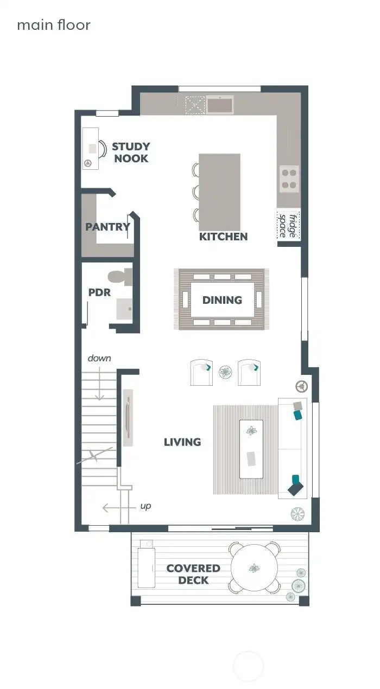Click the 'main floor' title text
point(53,25)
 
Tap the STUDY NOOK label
point(131,152)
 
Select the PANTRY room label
point(107,227)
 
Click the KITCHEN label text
point(223,237)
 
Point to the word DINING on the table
point(222,300)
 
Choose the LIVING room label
point(182,442)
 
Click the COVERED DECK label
point(193,574)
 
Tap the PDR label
point(99,292)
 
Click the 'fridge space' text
point(288,225)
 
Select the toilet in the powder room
point(120,277)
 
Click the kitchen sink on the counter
point(219,104)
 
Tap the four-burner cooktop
point(289,179)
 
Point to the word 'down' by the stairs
point(99,358)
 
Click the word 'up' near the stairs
point(145,506)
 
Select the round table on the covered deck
point(255,568)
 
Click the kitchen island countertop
point(219,192)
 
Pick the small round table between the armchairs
point(225,372)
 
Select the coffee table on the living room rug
point(251,449)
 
